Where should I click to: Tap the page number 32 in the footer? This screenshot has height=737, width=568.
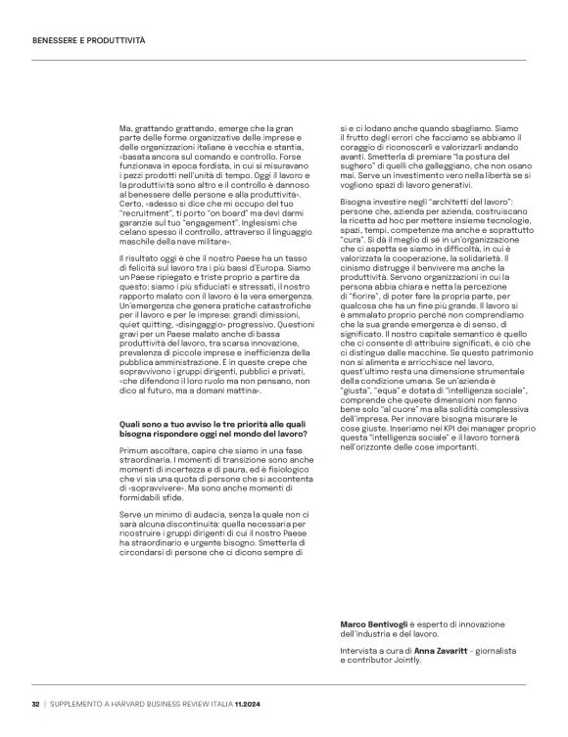35,702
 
